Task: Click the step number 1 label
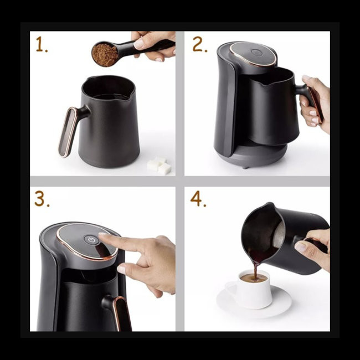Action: [x=41, y=45]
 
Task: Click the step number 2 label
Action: [x=199, y=45]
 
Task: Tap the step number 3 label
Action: [x=42, y=200]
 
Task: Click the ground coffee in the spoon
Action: [x=105, y=54]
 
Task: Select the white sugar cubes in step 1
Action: [x=160, y=165]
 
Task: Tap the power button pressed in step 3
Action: [x=91, y=240]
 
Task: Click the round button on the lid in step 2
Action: [x=256, y=53]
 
